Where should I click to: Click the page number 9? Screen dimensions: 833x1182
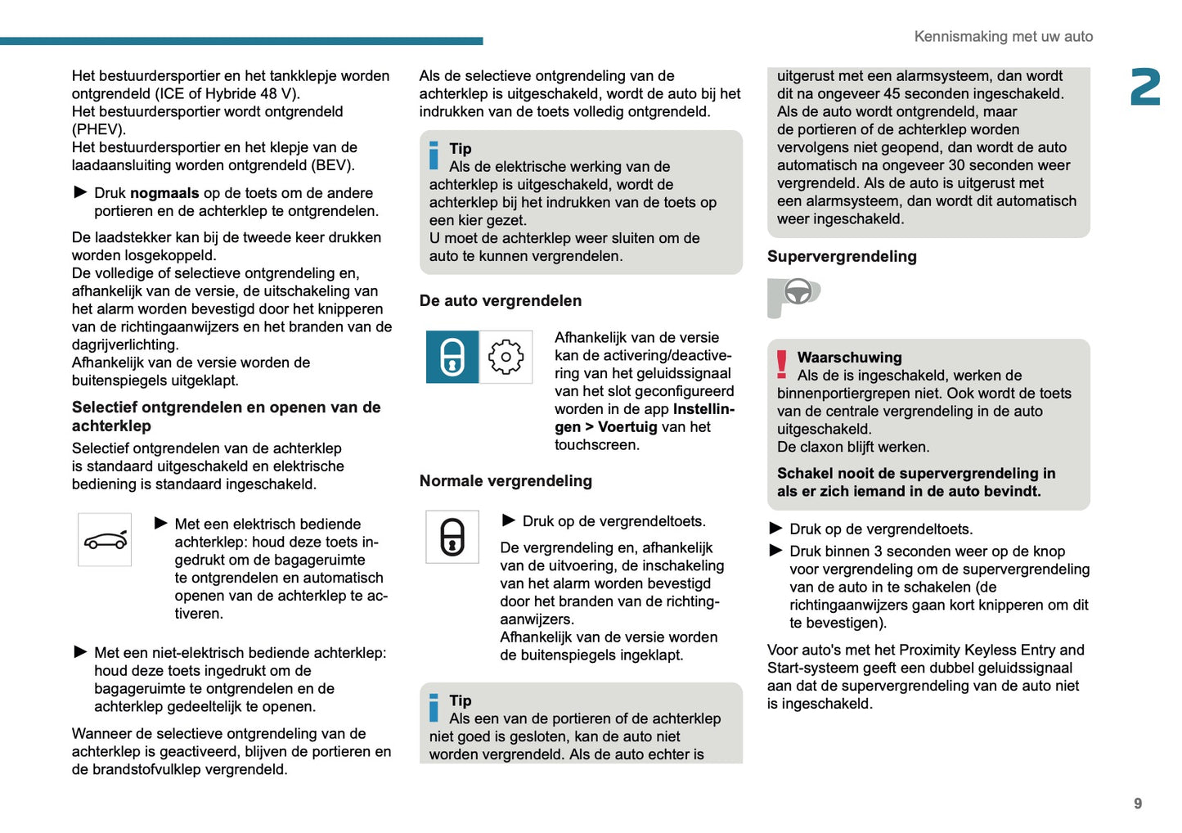[1137, 804]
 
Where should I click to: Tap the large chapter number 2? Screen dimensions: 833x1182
[1145, 88]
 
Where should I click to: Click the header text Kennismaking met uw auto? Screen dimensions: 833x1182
[1003, 37]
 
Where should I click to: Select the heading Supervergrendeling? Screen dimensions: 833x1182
[842, 257]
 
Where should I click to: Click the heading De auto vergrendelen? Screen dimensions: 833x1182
[501, 301]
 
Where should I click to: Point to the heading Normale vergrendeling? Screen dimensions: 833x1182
[506, 481]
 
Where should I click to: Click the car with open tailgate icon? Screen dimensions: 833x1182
[105, 540]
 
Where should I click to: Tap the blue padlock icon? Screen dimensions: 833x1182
[452, 357]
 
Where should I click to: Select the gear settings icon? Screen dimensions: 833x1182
[506, 357]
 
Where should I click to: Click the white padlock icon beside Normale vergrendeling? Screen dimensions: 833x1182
[452, 537]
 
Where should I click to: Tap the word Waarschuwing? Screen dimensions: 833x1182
[849, 358]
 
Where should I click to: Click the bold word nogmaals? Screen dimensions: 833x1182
[164, 193]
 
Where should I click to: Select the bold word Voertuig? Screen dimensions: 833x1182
[627, 427]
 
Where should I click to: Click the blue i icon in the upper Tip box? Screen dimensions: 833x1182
[434, 155]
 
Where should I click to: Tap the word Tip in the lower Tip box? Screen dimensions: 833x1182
[461, 700]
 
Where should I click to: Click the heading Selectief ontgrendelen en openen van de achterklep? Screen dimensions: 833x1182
[226, 416]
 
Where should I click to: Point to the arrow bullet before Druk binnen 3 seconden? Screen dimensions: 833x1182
[775, 551]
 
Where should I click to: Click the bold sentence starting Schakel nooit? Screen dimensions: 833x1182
[916, 483]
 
